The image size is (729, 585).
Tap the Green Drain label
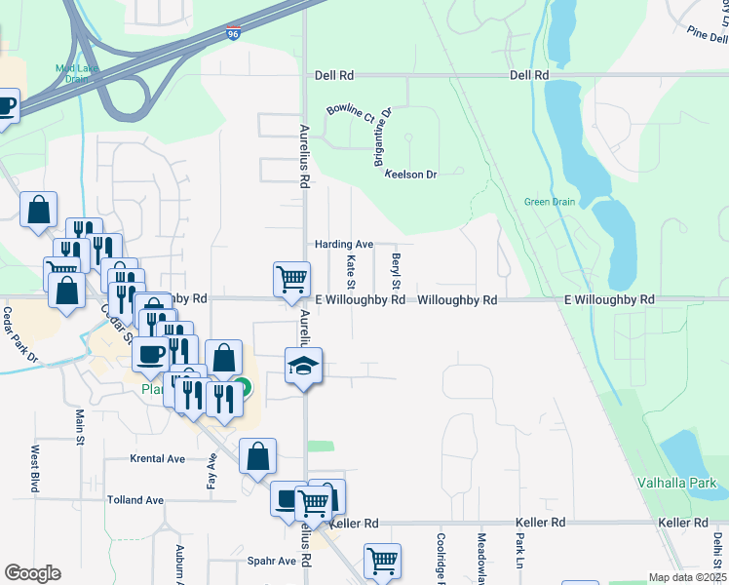550,202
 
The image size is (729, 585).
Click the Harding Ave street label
343,244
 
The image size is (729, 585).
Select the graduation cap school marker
303,367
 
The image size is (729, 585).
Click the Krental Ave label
158,457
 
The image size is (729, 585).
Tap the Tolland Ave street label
135,500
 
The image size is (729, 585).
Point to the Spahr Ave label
272,561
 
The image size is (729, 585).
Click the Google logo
32,573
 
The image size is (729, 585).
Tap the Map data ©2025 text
687,577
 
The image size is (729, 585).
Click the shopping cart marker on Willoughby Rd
291,279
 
